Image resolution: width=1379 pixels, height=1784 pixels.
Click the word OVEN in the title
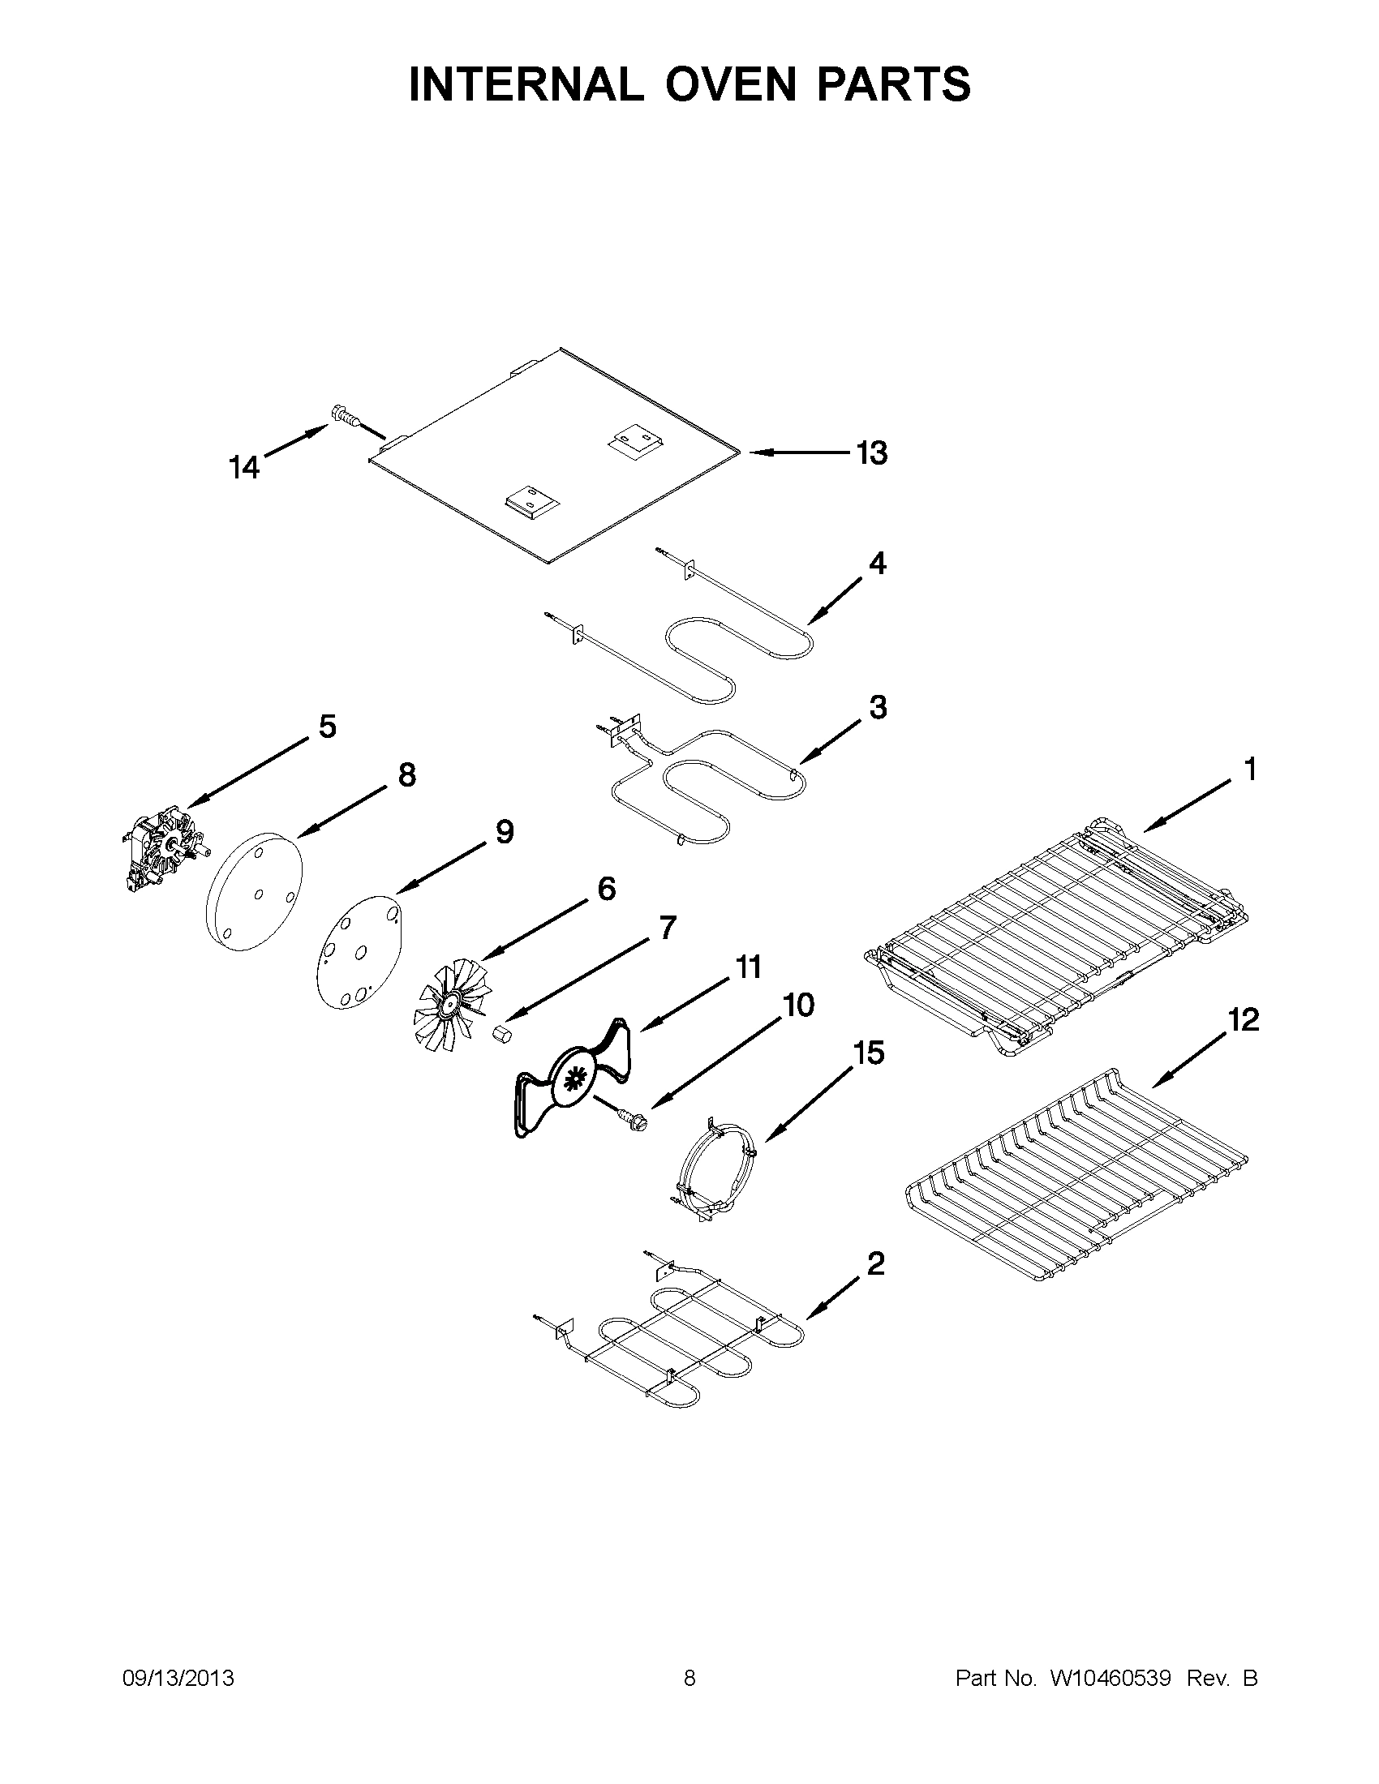(x=730, y=84)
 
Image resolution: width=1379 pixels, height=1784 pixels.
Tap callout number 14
(x=243, y=468)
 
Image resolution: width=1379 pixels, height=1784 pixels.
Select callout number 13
(x=872, y=452)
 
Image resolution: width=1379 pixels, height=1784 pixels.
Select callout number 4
(x=877, y=563)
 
